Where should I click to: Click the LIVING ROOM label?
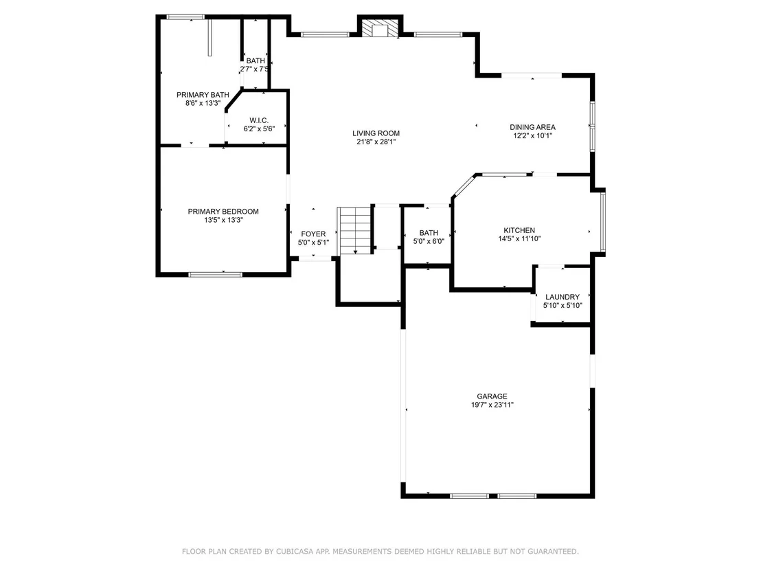376,133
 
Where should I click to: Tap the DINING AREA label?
532,127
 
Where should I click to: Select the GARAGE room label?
492,396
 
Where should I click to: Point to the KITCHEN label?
519,230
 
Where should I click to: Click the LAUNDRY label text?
563,297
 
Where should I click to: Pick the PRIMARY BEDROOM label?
223,211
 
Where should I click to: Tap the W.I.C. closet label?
259,120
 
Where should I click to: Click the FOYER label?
313,234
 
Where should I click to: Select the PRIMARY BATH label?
203,95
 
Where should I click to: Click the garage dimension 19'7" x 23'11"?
492,405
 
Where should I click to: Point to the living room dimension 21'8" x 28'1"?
376,142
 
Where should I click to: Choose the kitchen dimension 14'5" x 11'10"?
519,238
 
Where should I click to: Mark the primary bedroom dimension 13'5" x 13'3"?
223,220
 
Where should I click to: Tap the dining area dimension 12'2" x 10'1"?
532,135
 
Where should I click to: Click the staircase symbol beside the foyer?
355,231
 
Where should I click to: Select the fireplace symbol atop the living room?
380,28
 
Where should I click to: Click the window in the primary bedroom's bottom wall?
215,275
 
